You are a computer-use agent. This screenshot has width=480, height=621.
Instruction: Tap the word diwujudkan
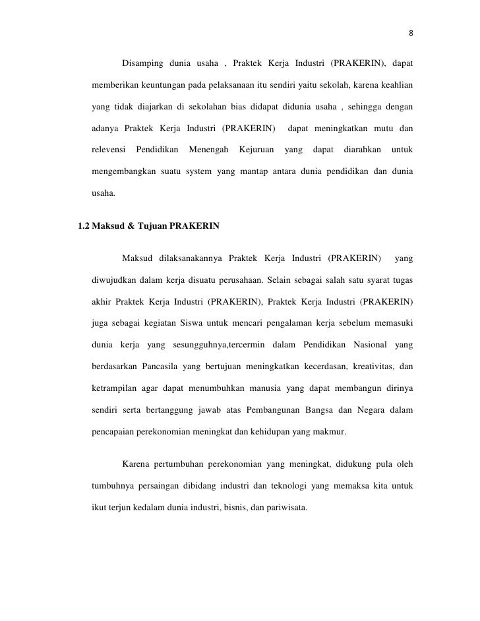113,280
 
